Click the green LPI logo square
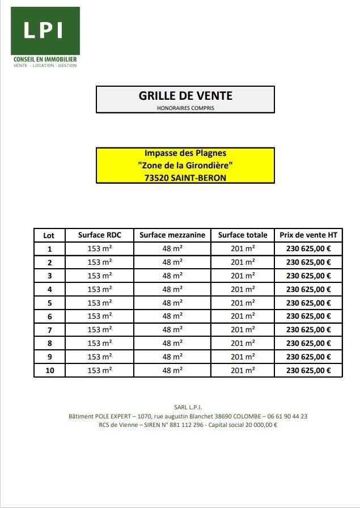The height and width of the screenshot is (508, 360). coord(46,31)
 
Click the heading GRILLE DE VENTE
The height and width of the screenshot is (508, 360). coord(185,96)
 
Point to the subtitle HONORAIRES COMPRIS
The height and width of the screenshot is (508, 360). coord(185,108)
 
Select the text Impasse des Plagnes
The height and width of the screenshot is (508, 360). coord(185,154)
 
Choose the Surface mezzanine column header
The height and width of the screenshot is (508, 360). coord(172,235)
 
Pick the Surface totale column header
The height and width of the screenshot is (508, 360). coord(242,235)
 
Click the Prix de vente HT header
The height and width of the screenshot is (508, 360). coord(308,235)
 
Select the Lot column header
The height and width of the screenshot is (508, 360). coord(49,235)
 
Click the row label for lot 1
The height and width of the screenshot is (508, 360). coord(49,248)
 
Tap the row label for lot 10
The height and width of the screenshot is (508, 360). coord(49,370)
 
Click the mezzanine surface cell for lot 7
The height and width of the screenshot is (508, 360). coord(172,329)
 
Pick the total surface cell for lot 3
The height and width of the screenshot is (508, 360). coord(242,276)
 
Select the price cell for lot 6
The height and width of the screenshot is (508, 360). coord(308,316)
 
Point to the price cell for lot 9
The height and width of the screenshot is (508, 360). coord(308,357)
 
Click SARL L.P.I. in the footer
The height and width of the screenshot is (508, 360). coord(188,407)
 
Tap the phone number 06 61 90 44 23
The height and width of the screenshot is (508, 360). coord(283,416)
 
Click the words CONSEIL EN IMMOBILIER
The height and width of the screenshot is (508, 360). coord(45,59)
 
